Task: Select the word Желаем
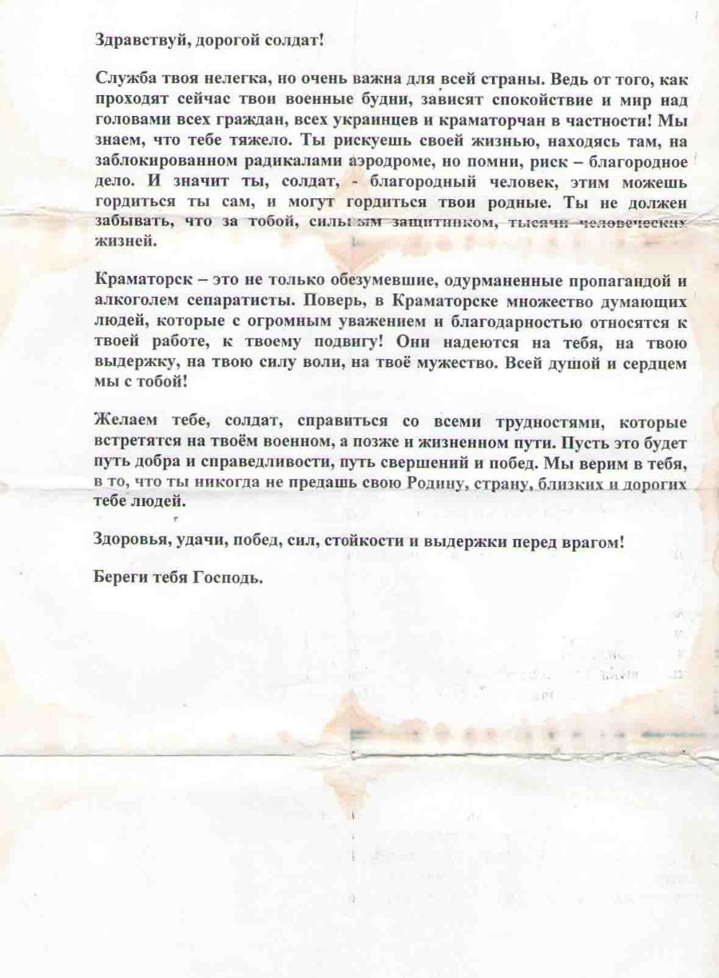[122, 421]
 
